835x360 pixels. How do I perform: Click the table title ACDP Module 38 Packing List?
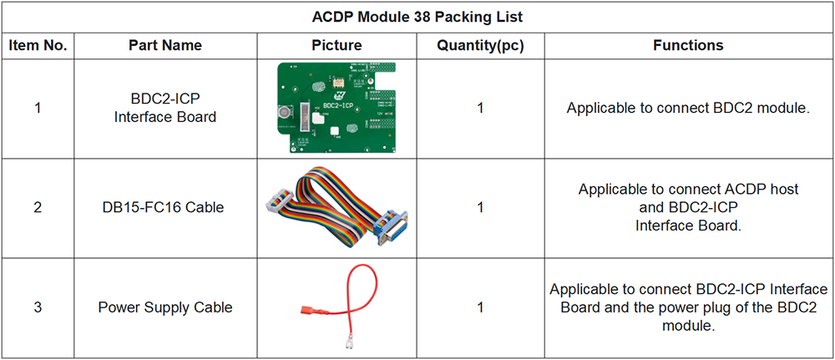(417, 17)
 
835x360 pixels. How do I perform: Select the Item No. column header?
(38, 46)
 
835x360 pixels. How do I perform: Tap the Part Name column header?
(165, 46)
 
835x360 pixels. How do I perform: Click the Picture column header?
(337, 46)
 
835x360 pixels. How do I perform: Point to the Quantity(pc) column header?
(480, 46)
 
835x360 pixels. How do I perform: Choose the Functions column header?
(688, 46)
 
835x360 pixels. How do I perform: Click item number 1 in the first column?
(38, 108)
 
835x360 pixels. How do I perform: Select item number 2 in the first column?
(38, 207)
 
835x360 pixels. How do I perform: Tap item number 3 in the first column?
(38, 307)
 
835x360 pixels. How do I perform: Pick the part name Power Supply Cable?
(165, 307)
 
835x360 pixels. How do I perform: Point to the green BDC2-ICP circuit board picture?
(337, 108)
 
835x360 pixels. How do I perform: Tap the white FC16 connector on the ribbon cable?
(277, 199)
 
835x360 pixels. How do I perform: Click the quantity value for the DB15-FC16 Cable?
(480, 207)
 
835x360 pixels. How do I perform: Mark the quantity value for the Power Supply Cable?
(480, 307)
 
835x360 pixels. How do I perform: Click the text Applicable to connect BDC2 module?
(688, 108)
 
